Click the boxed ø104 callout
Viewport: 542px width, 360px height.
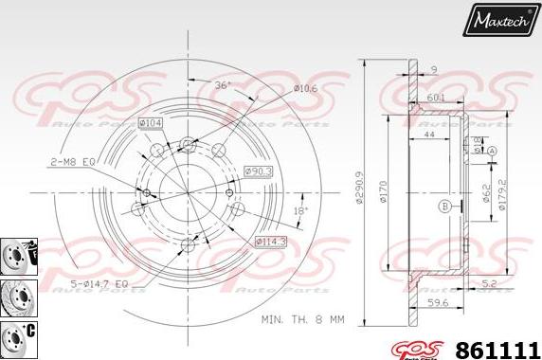click(x=151, y=123)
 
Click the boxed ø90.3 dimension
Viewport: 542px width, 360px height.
click(x=259, y=171)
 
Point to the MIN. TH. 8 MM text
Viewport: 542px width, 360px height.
click(x=302, y=320)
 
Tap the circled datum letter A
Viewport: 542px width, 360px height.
click(x=492, y=151)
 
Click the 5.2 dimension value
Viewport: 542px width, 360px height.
click(x=486, y=283)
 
